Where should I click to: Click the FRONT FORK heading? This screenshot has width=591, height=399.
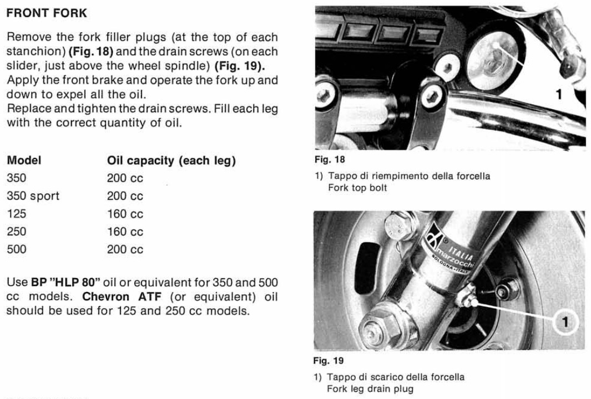(x=47, y=13)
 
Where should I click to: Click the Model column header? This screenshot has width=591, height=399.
(x=24, y=161)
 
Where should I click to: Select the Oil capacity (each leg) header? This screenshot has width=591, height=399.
(x=171, y=161)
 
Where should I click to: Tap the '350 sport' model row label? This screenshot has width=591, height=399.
(x=33, y=196)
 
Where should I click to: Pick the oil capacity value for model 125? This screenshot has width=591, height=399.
(x=125, y=214)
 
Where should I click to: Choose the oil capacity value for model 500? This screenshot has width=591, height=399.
(x=125, y=249)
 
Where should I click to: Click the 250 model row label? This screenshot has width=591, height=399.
(x=16, y=232)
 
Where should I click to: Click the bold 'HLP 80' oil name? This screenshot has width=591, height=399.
(x=77, y=282)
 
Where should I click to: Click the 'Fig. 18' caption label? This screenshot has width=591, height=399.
(x=330, y=160)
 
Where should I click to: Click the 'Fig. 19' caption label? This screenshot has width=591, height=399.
(x=330, y=361)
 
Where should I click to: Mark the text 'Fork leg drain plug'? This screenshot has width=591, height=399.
(x=370, y=388)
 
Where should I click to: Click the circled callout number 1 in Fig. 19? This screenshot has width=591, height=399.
(x=565, y=321)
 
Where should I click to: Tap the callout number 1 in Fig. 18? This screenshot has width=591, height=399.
(x=559, y=94)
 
